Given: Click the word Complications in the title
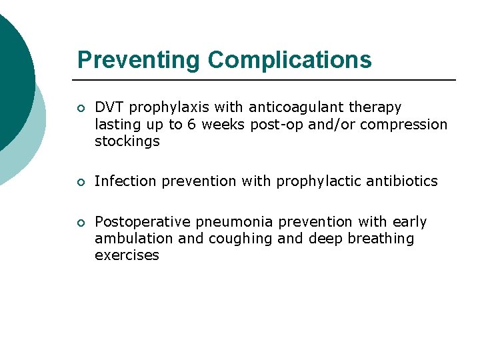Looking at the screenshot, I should point(289,60).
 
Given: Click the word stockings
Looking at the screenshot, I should point(127,141).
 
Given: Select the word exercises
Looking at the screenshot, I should point(127,255).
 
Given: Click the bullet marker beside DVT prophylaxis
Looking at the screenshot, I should point(81,108).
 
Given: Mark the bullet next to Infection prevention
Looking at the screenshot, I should point(81,182).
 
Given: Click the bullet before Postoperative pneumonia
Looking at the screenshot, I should point(81,222).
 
